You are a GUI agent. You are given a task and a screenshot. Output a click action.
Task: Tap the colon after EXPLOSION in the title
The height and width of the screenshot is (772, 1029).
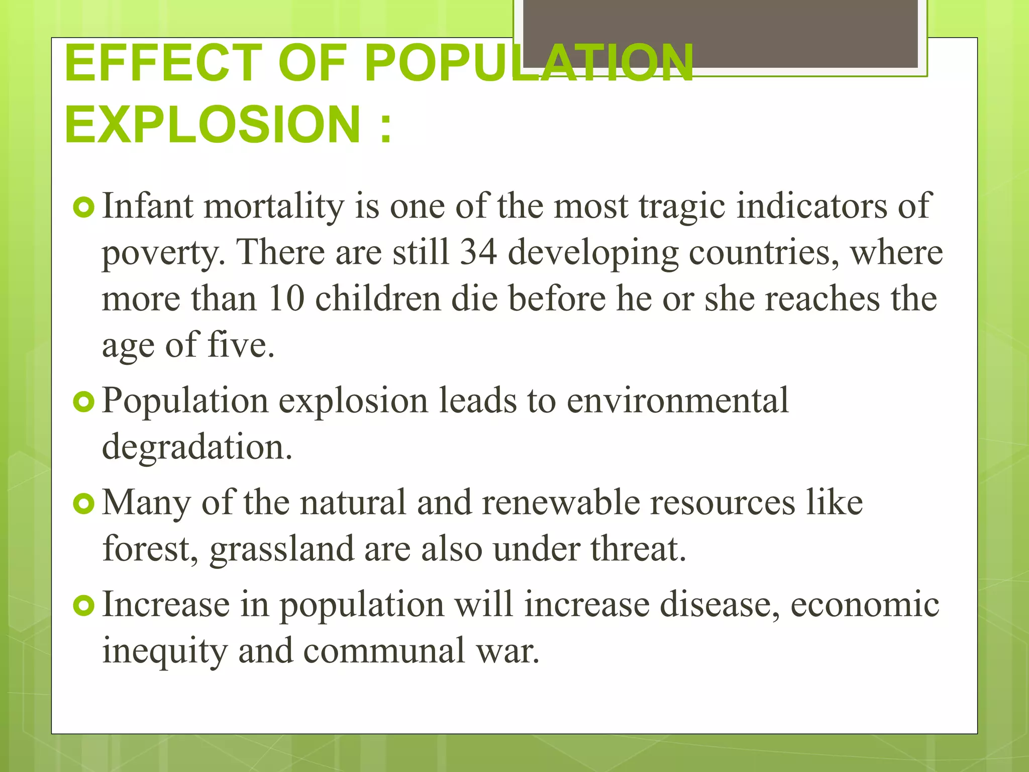385,127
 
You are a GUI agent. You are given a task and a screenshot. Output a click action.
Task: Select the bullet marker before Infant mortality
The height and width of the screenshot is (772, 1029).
83,208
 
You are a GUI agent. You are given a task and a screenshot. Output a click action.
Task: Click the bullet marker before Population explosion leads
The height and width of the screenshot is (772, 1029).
83,402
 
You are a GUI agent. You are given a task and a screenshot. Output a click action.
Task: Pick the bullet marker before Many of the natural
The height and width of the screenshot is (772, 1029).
83,504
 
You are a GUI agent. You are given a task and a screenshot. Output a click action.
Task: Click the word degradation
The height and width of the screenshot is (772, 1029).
196,447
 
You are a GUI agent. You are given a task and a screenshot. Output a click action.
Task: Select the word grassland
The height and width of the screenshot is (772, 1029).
281,549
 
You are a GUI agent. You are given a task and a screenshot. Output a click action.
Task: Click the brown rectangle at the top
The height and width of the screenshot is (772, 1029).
720,33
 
